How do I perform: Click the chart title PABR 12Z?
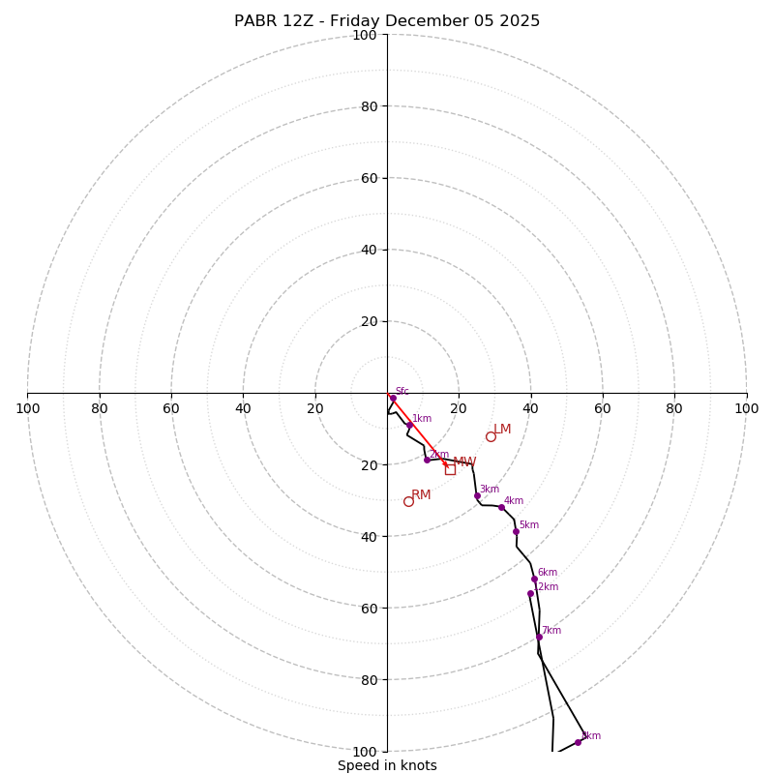pyautogui.click(x=387, y=21)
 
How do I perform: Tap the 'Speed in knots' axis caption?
pyautogui.click(x=387, y=765)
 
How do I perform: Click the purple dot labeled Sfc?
pyautogui.click(x=393, y=398)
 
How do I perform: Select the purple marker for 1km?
pyautogui.click(x=409, y=425)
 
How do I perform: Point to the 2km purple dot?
pyautogui.click(x=427, y=460)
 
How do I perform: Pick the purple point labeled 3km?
pyautogui.click(x=477, y=495)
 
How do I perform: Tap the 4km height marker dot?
pyautogui.click(x=501, y=507)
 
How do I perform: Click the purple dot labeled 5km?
pyautogui.click(x=516, y=531)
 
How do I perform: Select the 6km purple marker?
pyautogui.click(x=534, y=579)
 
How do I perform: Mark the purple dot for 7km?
pyautogui.click(x=539, y=637)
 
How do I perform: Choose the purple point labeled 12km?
pyautogui.click(x=530, y=593)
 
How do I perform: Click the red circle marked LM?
pyautogui.click(x=491, y=436)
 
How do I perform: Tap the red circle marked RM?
pyautogui.click(x=408, y=501)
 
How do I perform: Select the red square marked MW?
pyautogui.click(x=450, y=469)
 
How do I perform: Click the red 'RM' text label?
pyautogui.click(x=421, y=494)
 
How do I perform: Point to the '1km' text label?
pyautogui.click(x=422, y=419)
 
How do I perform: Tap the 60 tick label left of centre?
pyautogui.click(x=171, y=408)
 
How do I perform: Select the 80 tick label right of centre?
pyautogui.click(x=674, y=408)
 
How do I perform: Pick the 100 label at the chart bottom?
pyautogui.click(x=365, y=752)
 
